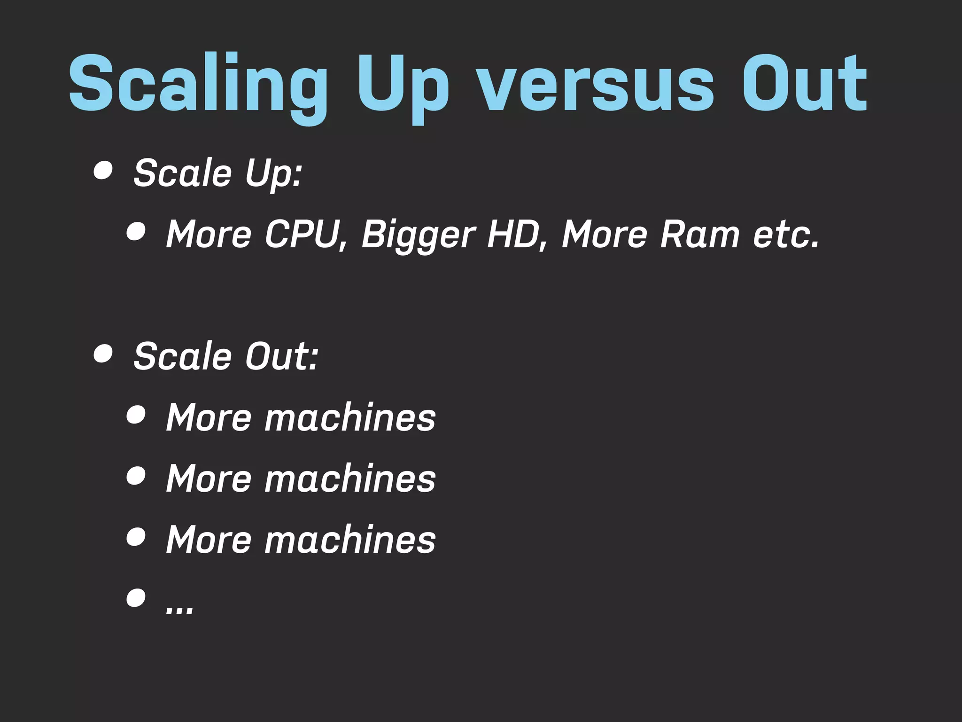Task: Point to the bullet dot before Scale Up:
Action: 103,171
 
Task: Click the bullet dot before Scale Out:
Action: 103,353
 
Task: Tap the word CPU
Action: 303,234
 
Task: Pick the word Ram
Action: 700,234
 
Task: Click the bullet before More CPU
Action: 136,232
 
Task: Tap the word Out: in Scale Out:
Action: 282,356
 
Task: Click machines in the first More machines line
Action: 350,417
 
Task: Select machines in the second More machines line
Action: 350,479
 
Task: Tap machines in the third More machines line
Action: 350,540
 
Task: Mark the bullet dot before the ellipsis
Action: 136,598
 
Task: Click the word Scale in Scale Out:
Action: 183,356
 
